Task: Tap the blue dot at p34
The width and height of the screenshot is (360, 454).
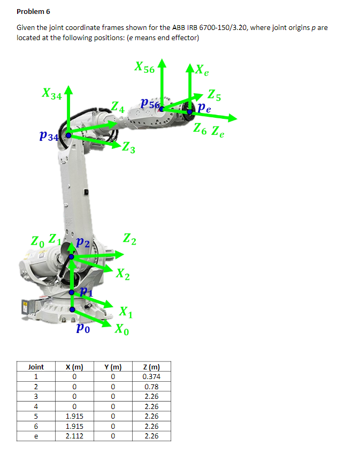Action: pos(68,135)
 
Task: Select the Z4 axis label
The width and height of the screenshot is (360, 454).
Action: pos(118,108)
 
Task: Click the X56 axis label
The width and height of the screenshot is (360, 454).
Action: pos(144,68)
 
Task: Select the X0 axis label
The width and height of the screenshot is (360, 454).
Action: pos(122,328)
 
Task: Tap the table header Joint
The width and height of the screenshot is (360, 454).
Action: pos(36,367)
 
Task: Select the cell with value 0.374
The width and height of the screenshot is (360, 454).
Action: pos(151,376)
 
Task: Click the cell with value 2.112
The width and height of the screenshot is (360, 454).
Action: pos(73,436)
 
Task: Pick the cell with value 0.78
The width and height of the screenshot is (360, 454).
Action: pos(151,387)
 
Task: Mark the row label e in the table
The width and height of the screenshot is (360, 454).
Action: pos(36,436)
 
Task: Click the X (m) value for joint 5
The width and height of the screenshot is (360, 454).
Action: pos(73,416)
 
